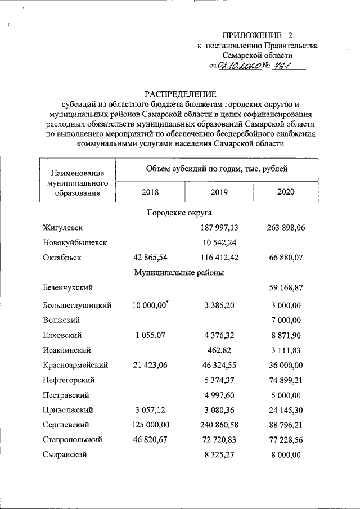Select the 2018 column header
click(x=150, y=192)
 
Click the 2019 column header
click(x=219, y=192)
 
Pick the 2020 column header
click(x=286, y=192)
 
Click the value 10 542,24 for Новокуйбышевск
click(x=219, y=242)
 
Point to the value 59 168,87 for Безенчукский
click(x=286, y=288)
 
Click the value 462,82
click(x=219, y=349)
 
